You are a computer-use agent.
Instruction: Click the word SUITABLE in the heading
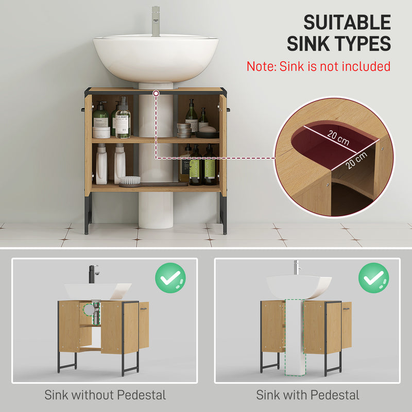(x=347, y=23)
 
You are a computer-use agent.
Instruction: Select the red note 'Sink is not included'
(x=318, y=66)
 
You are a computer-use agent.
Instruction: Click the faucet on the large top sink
(x=156, y=20)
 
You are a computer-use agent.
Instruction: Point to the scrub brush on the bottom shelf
(x=129, y=181)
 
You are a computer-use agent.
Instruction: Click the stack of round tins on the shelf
(x=184, y=130)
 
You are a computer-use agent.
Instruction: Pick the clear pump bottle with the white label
(x=123, y=119)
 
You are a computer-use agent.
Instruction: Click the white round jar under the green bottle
(x=101, y=132)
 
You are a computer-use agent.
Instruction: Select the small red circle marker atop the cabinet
(x=156, y=93)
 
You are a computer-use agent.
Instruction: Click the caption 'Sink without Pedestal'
(x=105, y=396)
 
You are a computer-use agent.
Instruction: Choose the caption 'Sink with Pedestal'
(x=307, y=396)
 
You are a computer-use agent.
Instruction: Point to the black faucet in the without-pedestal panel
(x=93, y=273)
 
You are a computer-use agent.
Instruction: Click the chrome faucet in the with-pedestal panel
(x=296, y=267)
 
